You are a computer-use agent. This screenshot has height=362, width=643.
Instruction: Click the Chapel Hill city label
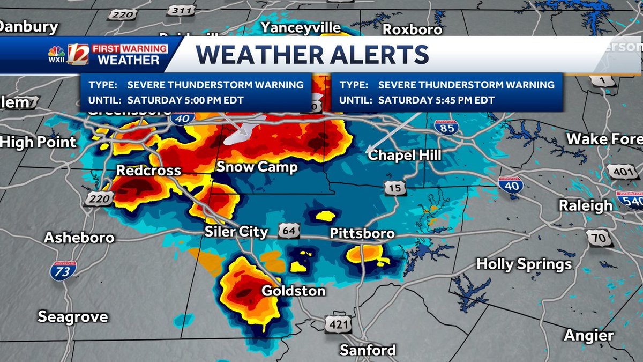coord(404,155)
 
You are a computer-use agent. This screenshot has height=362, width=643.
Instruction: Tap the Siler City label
coord(236,232)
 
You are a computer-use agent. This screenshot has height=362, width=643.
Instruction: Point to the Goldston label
coord(293,291)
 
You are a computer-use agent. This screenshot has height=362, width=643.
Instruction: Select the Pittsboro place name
coord(362,233)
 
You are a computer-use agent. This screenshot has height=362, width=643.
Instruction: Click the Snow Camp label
coord(257,167)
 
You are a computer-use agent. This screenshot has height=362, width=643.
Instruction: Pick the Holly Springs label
coord(524,264)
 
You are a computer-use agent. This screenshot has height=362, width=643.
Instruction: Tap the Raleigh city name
coord(585,205)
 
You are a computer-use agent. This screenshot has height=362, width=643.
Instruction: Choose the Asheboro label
coord(79,237)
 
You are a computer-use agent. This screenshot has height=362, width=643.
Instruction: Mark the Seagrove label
coord(73,316)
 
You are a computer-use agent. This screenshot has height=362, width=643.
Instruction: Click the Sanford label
coord(368,350)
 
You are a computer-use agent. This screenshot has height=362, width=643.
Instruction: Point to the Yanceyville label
coord(301,27)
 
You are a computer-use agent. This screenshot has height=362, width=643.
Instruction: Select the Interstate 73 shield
coord(63,271)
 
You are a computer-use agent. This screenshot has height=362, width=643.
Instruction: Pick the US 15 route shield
coord(394,188)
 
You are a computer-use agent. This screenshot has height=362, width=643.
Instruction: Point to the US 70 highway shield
coord(596,237)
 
